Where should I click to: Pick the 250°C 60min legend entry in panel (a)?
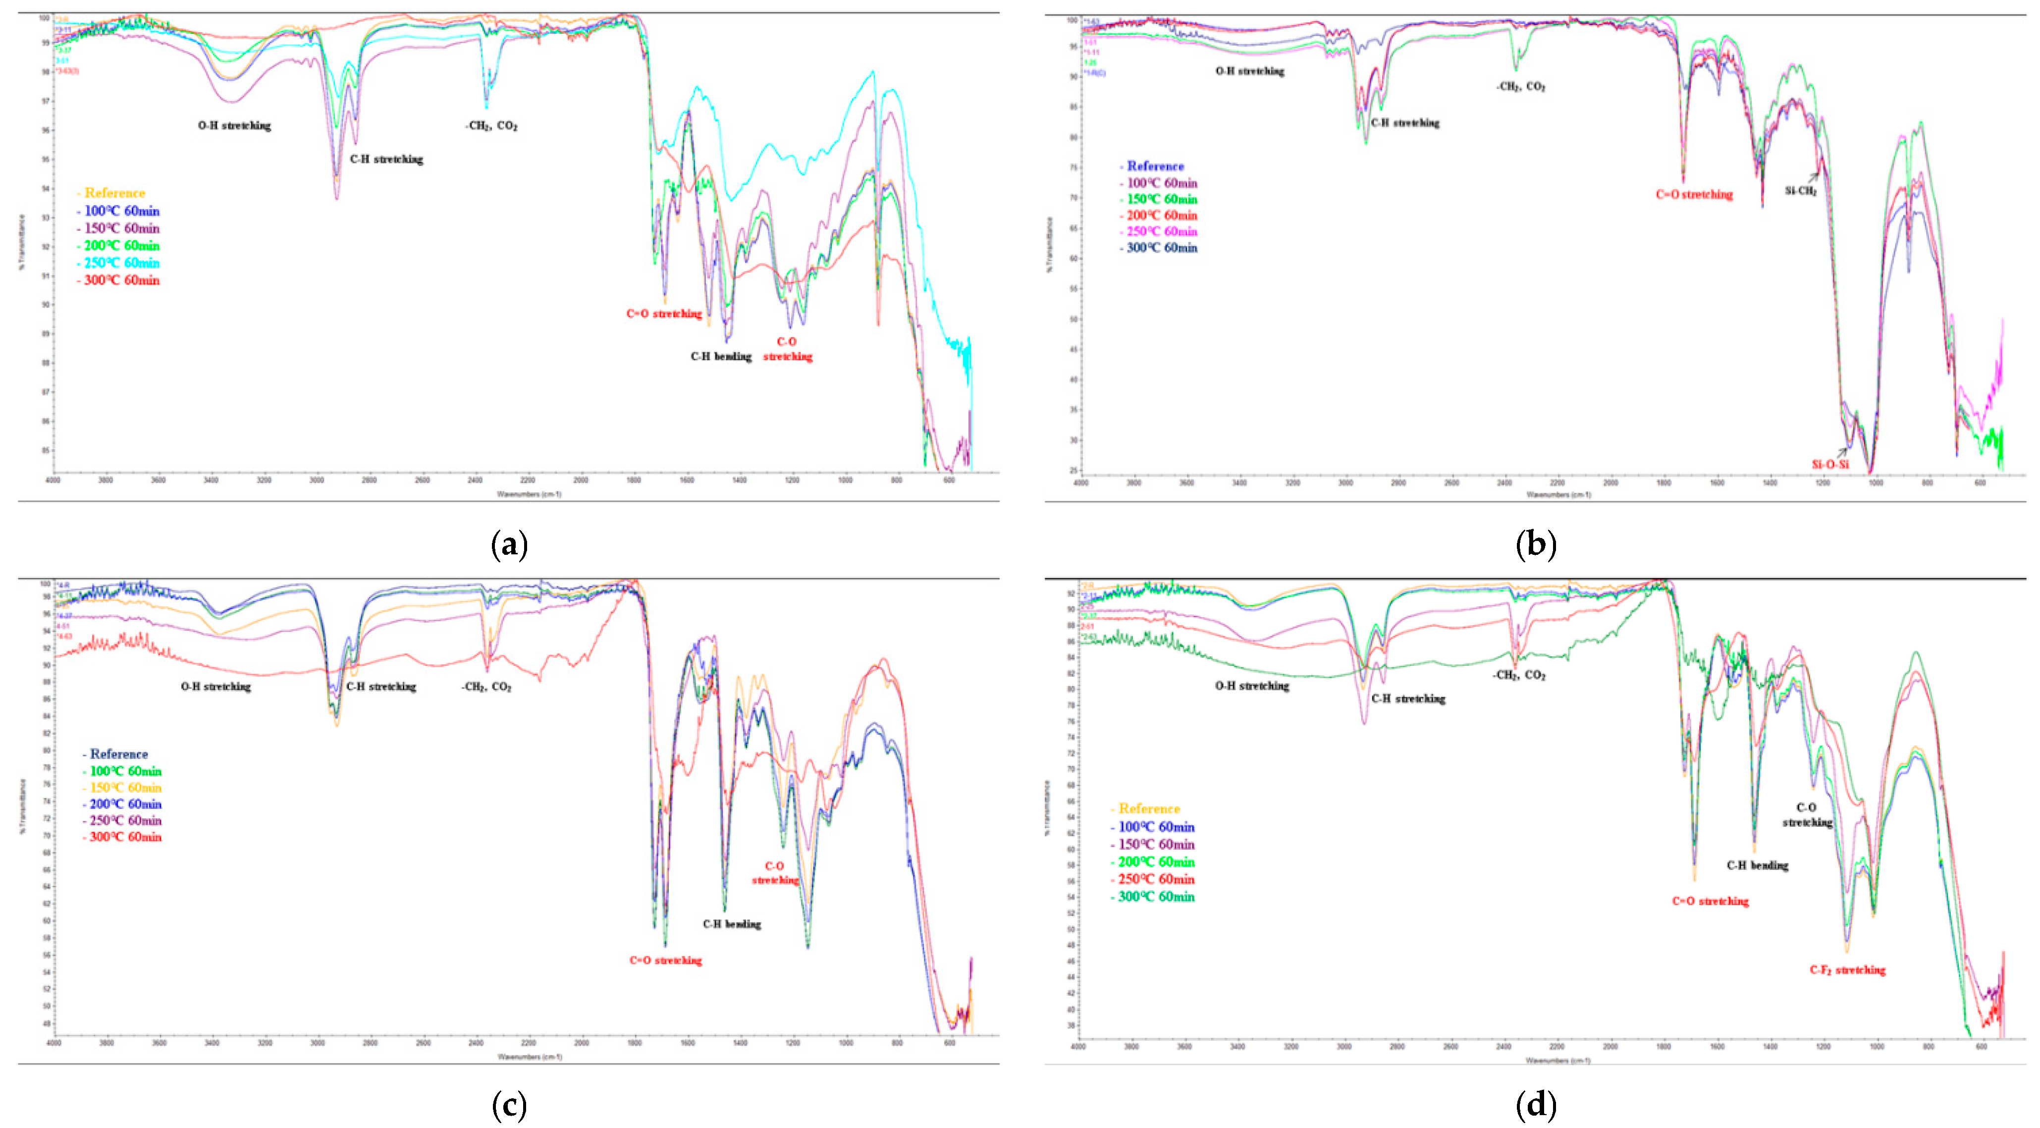click(121, 263)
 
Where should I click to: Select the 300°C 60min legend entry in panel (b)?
click(1161, 248)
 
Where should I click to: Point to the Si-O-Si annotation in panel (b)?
click(1830, 464)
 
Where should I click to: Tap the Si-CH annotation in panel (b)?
click(1800, 191)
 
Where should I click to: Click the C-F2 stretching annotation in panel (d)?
click(1848, 970)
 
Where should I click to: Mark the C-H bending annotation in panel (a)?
click(721, 357)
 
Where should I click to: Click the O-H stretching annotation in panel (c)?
click(215, 687)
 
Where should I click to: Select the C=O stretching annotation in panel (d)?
click(1710, 902)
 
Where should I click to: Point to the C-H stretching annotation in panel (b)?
click(1405, 123)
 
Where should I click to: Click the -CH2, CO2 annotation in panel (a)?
click(490, 126)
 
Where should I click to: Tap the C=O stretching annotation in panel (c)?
click(665, 961)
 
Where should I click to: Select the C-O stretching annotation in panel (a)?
click(787, 349)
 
